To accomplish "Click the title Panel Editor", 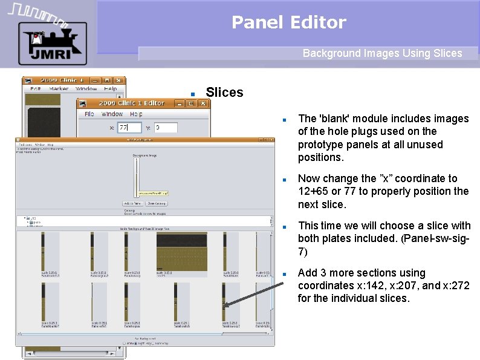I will [289, 23].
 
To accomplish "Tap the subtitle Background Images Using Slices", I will [382, 53].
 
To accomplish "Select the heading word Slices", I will [224, 93].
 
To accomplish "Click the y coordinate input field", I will [166, 128].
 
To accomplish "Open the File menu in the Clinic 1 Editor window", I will [89, 114].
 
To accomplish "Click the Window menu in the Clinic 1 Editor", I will [112, 114].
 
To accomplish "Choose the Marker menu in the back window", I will [59, 89].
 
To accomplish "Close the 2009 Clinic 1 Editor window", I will [204, 103].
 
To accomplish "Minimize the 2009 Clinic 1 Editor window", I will [180, 103].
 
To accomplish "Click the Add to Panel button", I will [132, 203].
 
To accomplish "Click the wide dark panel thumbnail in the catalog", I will [181, 252].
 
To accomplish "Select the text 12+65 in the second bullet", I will [315, 191].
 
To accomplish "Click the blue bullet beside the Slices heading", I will [192, 94].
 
